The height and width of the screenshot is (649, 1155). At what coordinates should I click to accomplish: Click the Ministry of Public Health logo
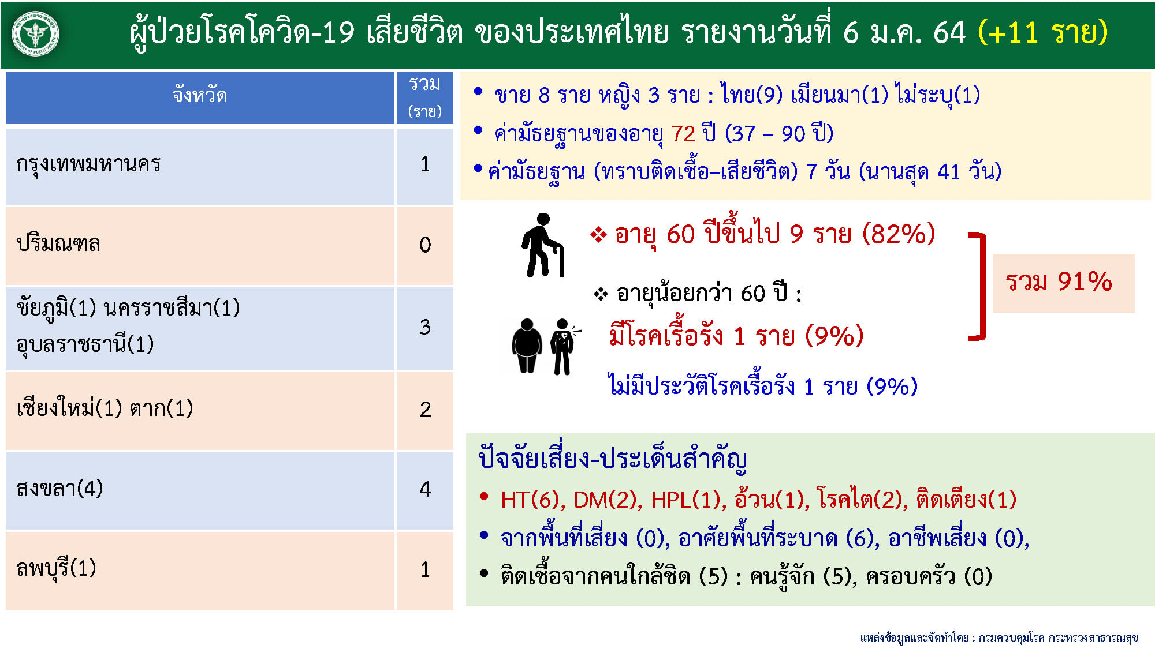pos(36,34)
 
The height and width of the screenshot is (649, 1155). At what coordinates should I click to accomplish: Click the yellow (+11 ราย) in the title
pos(1043,32)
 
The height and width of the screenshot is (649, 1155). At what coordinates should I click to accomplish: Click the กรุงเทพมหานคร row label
pos(88,164)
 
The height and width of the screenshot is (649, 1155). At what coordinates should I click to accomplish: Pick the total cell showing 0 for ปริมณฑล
pos(425,245)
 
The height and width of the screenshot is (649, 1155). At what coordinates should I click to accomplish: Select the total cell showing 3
pos(425,328)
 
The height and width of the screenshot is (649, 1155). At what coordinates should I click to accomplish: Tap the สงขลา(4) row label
pos(59,489)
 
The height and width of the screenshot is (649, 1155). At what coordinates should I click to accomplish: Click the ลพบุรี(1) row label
pos(56,569)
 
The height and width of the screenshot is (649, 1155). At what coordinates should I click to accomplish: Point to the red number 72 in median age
pos(683,134)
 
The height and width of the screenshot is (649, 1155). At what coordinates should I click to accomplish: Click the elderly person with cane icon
pos(542,245)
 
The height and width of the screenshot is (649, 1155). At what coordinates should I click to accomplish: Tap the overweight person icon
pos(527,346)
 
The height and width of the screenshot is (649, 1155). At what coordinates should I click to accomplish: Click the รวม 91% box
pos(1064,284)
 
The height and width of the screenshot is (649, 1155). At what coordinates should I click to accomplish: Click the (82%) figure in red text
pos(899,234)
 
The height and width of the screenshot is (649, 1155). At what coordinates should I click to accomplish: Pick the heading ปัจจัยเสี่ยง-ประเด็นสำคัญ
pos(613,460)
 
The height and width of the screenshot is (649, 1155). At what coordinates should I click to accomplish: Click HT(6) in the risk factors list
pos(532,500)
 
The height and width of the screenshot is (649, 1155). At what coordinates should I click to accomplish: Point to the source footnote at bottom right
pos(999,637)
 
